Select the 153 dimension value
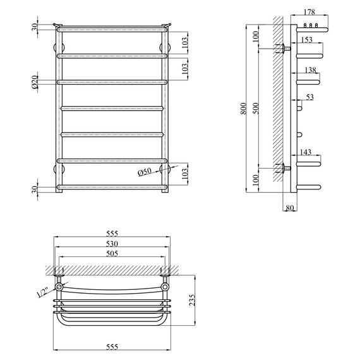point(308,40)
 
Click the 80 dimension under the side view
point(290,207)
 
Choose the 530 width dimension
point(112,243)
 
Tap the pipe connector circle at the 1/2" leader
point(59,287)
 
